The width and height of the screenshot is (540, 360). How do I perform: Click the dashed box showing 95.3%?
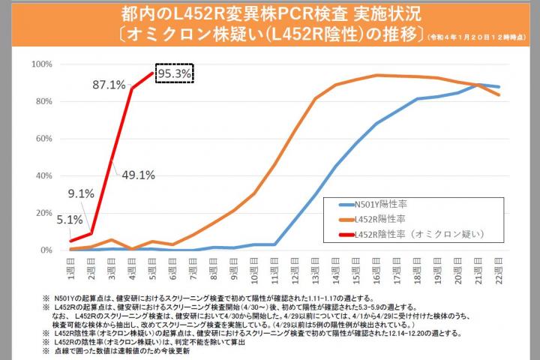point(175,73)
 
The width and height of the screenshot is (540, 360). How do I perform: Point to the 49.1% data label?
point(138,175)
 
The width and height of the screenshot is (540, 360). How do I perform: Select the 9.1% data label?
point(80,194)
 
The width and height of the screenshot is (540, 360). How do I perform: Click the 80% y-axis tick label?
point(42,101)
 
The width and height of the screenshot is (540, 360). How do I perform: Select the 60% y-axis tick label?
point(42,139)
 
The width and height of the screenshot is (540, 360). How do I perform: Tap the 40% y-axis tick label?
point(42,175)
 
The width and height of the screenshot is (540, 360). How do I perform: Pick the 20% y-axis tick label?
point(42,213)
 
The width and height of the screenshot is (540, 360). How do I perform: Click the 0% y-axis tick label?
point(44,250)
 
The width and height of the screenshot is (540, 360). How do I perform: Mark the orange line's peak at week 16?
point(376,75)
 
